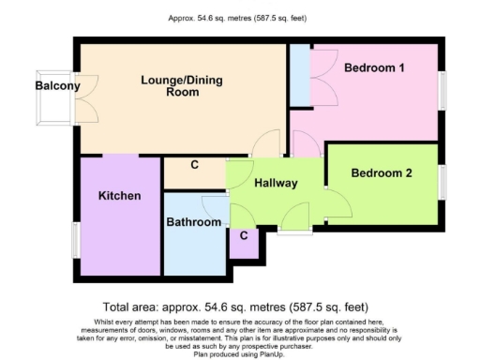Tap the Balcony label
57,86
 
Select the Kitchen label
120,196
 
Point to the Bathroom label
193,222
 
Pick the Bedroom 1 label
373,68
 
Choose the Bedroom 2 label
382,172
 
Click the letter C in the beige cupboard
195,166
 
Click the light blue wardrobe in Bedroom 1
300,74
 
